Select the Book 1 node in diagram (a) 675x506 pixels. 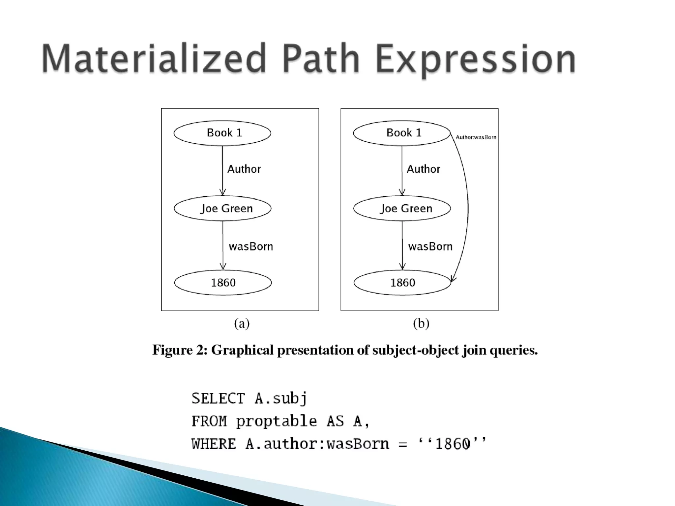(x=222, y=133)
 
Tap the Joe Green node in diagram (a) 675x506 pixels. (x=223, y=209)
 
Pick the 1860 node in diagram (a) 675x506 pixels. (x=223, y=283)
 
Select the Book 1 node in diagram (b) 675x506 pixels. (x=402, y=133)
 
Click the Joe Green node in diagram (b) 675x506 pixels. (x=402, y=209)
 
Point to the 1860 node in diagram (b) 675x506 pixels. (x=402, y=283)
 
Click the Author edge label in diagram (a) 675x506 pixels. (x=244, y=169)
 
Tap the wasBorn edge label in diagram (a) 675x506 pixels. (x=251, y=246)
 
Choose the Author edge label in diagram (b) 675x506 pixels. (x=423, y=169)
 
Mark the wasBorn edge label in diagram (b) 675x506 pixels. (x=430, y=246)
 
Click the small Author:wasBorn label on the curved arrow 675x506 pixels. (x=476, y=137)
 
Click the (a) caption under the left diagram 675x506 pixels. (x=242, y=324)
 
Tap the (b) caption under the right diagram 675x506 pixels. (x=421, y=324)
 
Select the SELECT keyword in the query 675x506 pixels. (x=218, y=399)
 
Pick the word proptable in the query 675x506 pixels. (x=276, y=421)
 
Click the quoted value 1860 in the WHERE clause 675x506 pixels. (x=452, y=444)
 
